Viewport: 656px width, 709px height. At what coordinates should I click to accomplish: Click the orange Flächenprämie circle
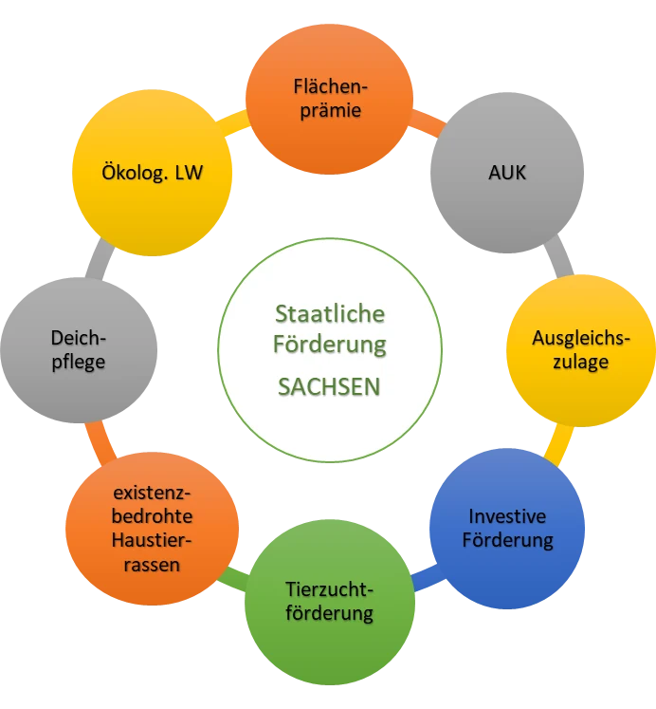329,99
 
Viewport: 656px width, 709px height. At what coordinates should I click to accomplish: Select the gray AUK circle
507,173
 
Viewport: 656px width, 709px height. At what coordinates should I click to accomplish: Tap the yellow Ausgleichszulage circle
581,350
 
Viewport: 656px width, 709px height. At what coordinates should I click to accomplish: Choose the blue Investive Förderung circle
507,529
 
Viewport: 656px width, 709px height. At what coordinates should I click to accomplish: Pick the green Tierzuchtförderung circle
330,602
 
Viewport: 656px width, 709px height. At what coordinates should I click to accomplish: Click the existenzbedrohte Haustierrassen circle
152,529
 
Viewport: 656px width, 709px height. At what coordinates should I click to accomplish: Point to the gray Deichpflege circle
79,350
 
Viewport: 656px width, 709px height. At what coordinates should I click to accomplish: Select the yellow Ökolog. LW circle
152,173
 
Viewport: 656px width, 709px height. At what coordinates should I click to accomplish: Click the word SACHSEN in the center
329,387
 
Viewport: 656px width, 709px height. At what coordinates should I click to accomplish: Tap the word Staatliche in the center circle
330,313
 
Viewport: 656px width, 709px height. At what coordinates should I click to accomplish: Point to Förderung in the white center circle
330,345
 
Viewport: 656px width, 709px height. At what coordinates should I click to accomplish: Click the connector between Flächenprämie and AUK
427,122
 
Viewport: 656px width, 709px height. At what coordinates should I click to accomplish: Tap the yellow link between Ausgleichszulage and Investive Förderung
559,446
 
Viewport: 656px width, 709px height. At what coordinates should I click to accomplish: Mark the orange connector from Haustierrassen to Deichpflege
100,443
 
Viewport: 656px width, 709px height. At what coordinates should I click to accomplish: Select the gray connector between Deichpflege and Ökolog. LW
100,258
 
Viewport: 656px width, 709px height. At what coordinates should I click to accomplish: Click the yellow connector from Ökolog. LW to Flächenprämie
232,123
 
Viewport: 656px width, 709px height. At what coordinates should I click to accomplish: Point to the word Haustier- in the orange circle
152,540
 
